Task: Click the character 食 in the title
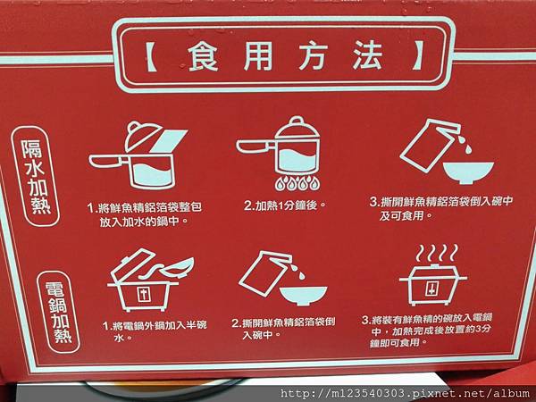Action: (203, 55)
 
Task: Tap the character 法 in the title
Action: (367, 55)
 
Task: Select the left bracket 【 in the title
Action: (149, 56)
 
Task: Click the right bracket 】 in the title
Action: (417, 55)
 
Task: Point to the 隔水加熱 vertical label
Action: (36, 176)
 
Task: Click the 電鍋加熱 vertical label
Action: (58, 312)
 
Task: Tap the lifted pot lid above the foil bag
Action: (142, 136)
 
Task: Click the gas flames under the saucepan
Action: (297, 183)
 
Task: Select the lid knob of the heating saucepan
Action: (297, 121)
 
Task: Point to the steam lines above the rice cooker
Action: (437, 253)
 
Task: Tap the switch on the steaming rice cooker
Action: (432, 289)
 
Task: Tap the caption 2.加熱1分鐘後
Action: (284, 205)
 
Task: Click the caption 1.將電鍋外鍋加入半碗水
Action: (155, 331)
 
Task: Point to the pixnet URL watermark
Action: (405, 393)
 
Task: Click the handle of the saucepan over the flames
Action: (254, 147)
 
